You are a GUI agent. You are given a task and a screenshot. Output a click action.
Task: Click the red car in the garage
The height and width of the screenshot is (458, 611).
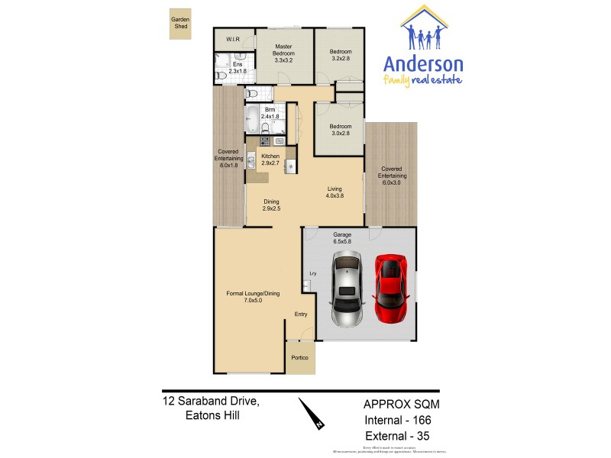coord(390,289)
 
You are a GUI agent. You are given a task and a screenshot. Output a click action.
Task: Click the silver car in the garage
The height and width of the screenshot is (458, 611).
coord(347,290)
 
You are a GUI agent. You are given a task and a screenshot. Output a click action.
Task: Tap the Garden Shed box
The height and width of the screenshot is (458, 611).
coord(180,24)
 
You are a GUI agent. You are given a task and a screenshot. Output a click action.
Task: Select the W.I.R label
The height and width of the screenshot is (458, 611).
coord(232,40)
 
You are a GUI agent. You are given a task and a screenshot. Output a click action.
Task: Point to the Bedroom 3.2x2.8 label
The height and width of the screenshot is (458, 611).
coord(341,54)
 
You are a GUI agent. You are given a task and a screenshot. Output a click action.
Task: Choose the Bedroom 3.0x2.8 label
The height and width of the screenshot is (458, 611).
coord(341,130)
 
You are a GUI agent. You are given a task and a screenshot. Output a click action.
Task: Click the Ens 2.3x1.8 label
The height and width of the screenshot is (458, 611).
coord(238,67)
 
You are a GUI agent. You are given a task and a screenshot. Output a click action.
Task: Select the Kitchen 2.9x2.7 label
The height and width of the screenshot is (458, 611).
coord(270,160)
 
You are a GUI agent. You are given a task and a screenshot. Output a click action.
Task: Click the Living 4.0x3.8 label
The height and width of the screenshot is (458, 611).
coord(335,192)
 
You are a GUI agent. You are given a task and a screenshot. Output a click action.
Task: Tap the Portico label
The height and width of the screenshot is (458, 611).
coord(300,358)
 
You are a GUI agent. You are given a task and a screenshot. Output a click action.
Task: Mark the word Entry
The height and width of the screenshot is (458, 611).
coord(301,314)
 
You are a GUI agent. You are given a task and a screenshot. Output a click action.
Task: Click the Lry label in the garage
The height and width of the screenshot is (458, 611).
coord(312,273)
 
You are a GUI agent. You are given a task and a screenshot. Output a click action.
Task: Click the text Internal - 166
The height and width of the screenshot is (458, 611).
coord(401,421)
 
